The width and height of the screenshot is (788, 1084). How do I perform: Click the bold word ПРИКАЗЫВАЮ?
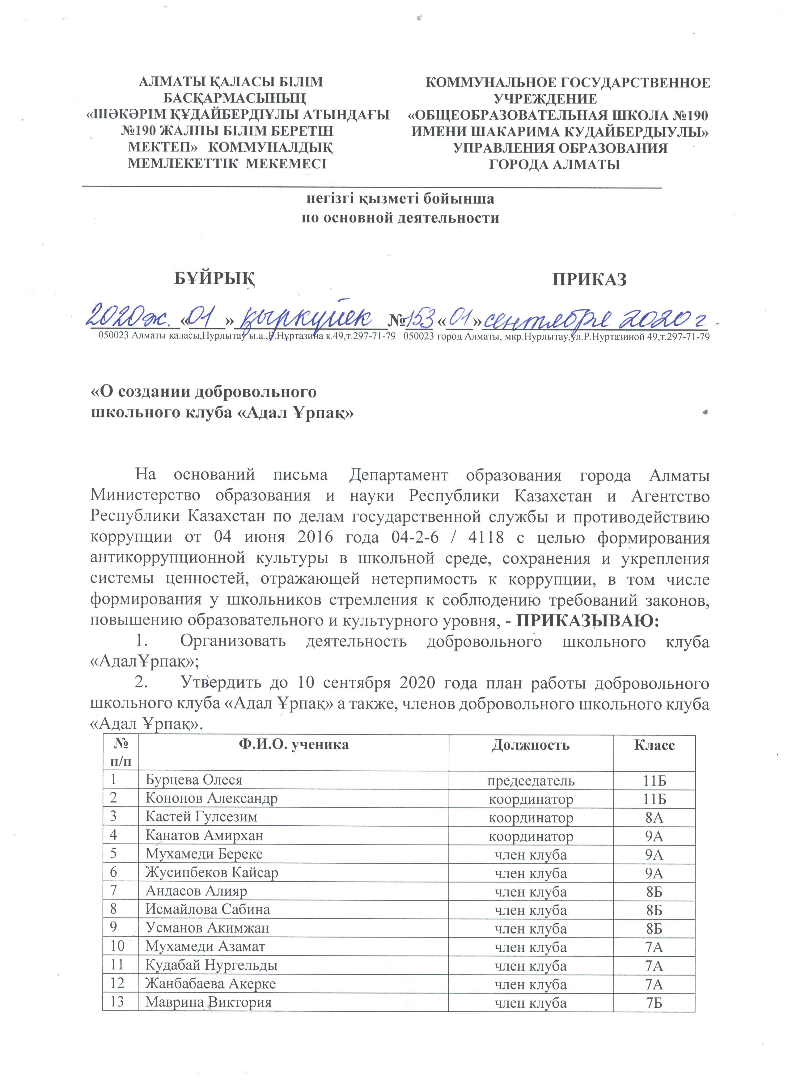point(588,621)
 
